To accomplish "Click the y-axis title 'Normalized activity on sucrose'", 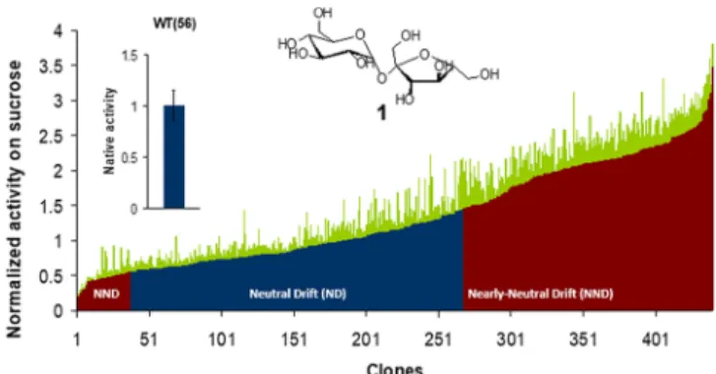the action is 14,199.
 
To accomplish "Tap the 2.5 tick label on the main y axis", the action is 51,137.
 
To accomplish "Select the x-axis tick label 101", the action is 222,340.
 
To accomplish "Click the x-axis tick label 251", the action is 439,340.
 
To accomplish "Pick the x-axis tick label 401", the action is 656,340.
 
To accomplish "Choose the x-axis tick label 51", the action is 150,340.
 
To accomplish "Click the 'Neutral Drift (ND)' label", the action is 297,293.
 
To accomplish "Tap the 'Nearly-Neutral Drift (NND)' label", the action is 540,293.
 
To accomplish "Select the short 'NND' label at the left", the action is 106,293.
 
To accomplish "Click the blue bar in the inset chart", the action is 174,156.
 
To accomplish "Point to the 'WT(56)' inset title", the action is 175,24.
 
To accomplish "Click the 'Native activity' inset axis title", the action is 109,131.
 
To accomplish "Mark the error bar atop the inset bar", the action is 173,105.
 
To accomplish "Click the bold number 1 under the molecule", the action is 381,112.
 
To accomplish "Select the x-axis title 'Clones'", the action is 395,368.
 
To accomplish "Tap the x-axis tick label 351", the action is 584,340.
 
